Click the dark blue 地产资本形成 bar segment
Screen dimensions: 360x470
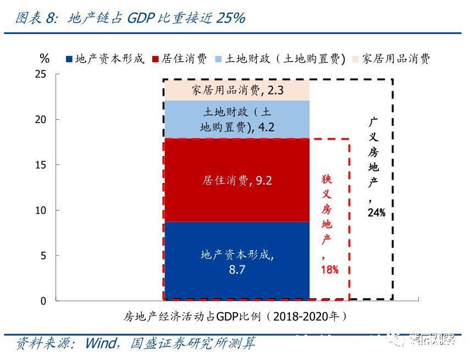(x=236, y=261)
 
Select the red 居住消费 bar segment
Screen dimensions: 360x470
(x=236, y=180)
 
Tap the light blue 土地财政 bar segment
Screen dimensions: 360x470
(x=236, y=119)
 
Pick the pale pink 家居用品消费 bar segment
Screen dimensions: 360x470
(x=236, y=90)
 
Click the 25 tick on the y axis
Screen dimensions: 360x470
(x=41, y=74)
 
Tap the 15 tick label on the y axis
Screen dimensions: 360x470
(x=41, y=165)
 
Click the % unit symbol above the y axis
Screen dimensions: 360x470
(x=45, y=58)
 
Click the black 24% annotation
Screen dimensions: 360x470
(x=376, y=212)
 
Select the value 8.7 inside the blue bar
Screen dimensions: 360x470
(x=236, y=270)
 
